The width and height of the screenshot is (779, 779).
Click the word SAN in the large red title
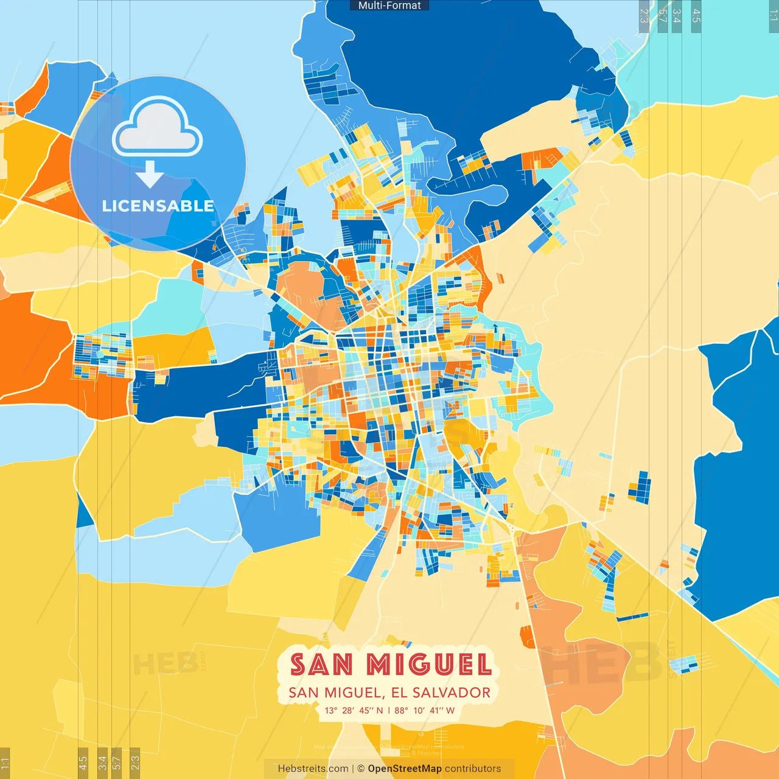321,665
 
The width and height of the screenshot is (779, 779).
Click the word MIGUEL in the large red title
430,665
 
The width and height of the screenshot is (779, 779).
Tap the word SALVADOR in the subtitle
452,693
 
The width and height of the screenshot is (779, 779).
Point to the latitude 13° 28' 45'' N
354,710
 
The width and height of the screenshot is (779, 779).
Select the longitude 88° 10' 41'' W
424,710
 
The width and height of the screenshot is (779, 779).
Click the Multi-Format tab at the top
389,5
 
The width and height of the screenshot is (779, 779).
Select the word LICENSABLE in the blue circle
158,206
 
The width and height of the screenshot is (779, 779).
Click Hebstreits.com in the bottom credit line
313,769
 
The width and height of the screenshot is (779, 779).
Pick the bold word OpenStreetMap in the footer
405,769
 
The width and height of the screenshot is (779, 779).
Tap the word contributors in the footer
473,769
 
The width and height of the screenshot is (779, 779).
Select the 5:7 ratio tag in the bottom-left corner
117,761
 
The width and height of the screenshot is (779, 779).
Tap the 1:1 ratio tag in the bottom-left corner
5,763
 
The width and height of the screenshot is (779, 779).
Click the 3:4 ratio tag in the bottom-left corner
102,761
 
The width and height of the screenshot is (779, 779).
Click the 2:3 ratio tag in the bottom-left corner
135,761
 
